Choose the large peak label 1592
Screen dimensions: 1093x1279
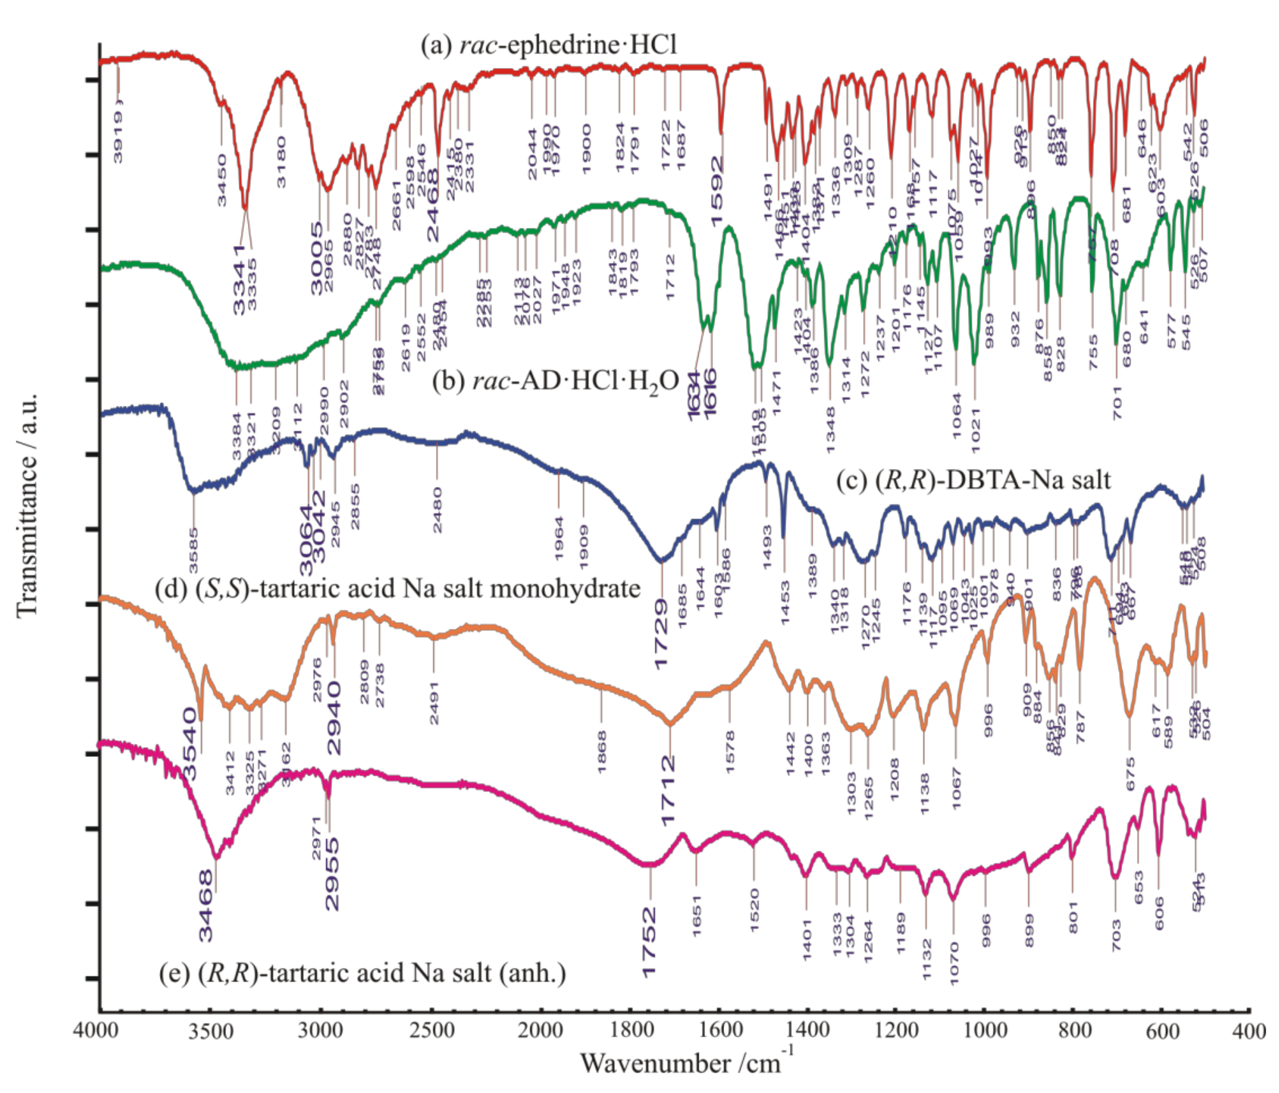point(717,191)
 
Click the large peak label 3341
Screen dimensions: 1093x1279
point(240,279)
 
